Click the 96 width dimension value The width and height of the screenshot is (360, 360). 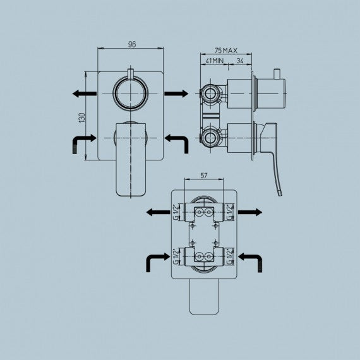click(132, 44)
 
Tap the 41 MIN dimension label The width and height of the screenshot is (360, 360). click(215, 61)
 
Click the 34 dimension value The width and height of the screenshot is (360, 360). click(240, 61)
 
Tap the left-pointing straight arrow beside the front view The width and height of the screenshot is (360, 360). click(83, 93)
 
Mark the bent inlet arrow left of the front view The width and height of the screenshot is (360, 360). click(83, 143)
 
